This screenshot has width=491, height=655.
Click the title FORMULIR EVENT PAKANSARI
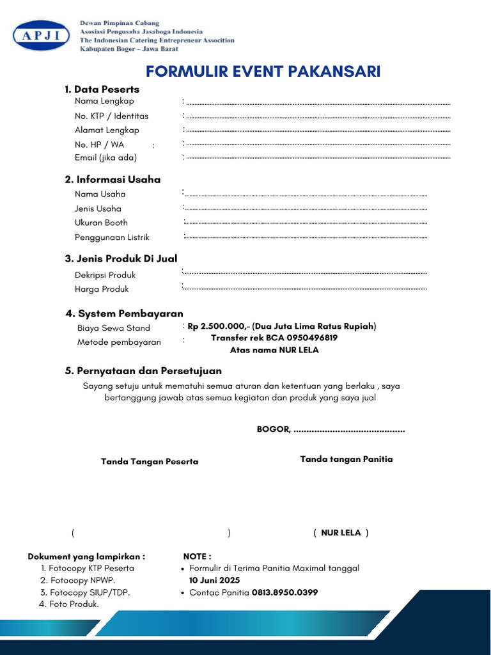(263, 71)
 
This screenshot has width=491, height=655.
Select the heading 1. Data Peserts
(102, 90)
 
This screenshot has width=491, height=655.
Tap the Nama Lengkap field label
(104, 101)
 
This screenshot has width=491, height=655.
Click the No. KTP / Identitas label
(111, 116)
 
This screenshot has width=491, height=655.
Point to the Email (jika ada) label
(105, 157)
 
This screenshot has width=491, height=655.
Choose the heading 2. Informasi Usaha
(113, 180)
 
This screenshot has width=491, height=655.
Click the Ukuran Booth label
(101, 223)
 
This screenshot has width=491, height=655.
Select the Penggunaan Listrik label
(112, 237)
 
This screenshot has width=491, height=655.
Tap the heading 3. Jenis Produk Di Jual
(121, 259)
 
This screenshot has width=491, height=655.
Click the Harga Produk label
(102, 289)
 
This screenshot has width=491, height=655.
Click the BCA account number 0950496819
(312, 338)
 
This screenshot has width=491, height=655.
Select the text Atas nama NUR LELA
(274, 351)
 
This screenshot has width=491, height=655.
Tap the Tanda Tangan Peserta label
(150, 462)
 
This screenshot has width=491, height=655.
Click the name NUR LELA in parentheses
(341, 533)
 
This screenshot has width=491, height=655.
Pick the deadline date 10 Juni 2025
(214, 580)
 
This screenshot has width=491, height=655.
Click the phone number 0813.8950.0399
(284, 593)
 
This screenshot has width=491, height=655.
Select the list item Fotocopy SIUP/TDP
(90, 592)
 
